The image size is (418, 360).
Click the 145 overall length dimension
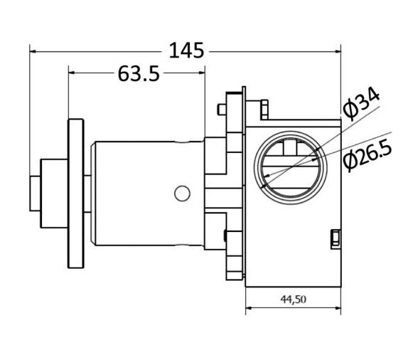tap(186, 51)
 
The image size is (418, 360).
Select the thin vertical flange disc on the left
tap(75, 193)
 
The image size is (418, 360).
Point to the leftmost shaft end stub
tap(35, 192)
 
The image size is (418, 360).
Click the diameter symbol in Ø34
tap(350, 110)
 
